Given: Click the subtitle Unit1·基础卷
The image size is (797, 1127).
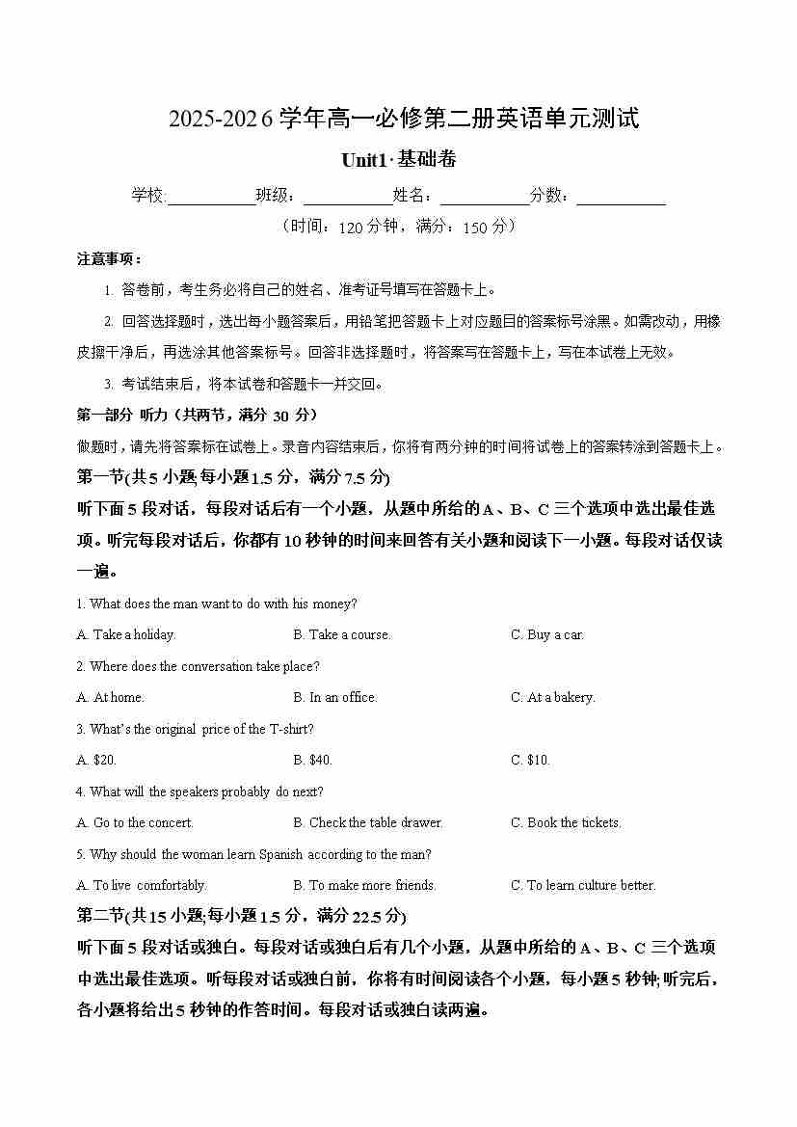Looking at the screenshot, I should click(398, 160).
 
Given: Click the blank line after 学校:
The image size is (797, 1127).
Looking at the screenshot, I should click(211, 197).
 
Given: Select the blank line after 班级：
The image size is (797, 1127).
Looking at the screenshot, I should click(347, 197).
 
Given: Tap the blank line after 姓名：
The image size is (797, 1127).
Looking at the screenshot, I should click(485, 197).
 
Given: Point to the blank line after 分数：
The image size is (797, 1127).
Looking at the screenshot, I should click(621, 197).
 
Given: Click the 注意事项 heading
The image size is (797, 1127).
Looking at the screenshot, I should click(110, 259).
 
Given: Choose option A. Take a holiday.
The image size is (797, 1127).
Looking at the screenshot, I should click(125, 635).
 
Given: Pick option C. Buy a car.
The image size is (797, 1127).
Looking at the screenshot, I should click(547, 635).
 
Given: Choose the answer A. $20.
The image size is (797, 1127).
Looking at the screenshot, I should click(96, 761).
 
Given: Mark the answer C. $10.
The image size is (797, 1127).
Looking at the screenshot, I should click(530, 761).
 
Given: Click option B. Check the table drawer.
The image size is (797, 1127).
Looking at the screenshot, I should click(367, 823).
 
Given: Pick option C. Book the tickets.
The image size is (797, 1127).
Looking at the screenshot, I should click(566, 823).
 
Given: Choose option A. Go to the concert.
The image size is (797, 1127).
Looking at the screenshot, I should click(135, 823).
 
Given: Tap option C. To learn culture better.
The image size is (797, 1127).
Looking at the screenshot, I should click(583, 886).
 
